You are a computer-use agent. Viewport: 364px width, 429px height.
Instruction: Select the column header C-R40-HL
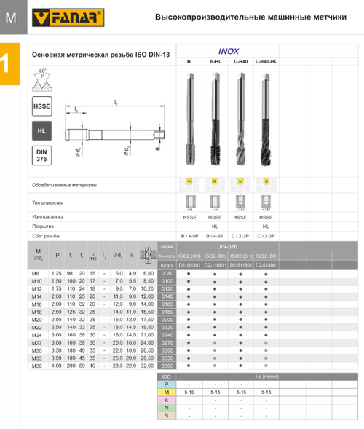click(x=266, y=62)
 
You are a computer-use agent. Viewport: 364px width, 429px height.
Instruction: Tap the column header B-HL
click(x=215, y=62)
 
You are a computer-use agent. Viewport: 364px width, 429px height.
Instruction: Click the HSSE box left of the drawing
click(x=42, y=106)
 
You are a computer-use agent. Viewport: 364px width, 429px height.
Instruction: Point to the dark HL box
click(x=42, y=131)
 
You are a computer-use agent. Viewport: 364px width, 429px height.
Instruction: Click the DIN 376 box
click(x=42, y=155)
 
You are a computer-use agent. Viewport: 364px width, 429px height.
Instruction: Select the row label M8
click(x=38, y=272)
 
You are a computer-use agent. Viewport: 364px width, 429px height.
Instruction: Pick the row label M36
click(x=38, y=366)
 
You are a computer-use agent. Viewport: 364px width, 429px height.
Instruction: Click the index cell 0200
click(x=166, y=319)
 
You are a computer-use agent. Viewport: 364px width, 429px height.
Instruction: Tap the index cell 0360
click(x=166, y=366)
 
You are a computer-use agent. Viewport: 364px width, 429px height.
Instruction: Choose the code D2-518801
click(x=266, y=265)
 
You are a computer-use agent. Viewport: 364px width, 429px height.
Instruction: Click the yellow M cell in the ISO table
click(x=166, y=392)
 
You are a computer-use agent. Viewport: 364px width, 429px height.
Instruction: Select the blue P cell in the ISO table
click(x=166, y=384)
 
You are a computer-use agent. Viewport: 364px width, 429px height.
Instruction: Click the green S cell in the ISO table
click(x=166, y=415)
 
